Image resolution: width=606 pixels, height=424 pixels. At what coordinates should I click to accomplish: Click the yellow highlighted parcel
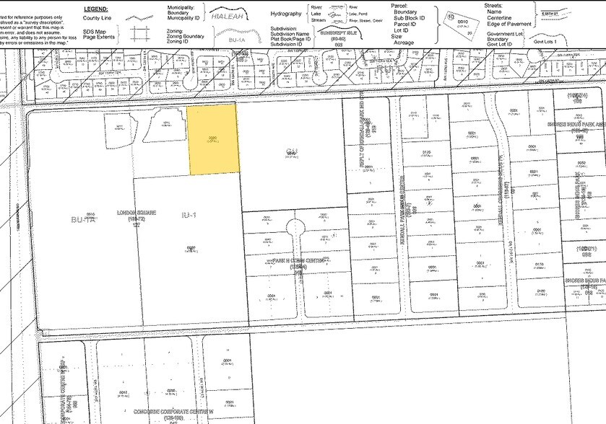coord(213,138)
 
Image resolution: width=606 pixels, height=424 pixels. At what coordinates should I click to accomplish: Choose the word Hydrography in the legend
coord(285,14)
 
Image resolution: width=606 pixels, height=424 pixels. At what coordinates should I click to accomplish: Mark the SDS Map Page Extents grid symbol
coord(139,35)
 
